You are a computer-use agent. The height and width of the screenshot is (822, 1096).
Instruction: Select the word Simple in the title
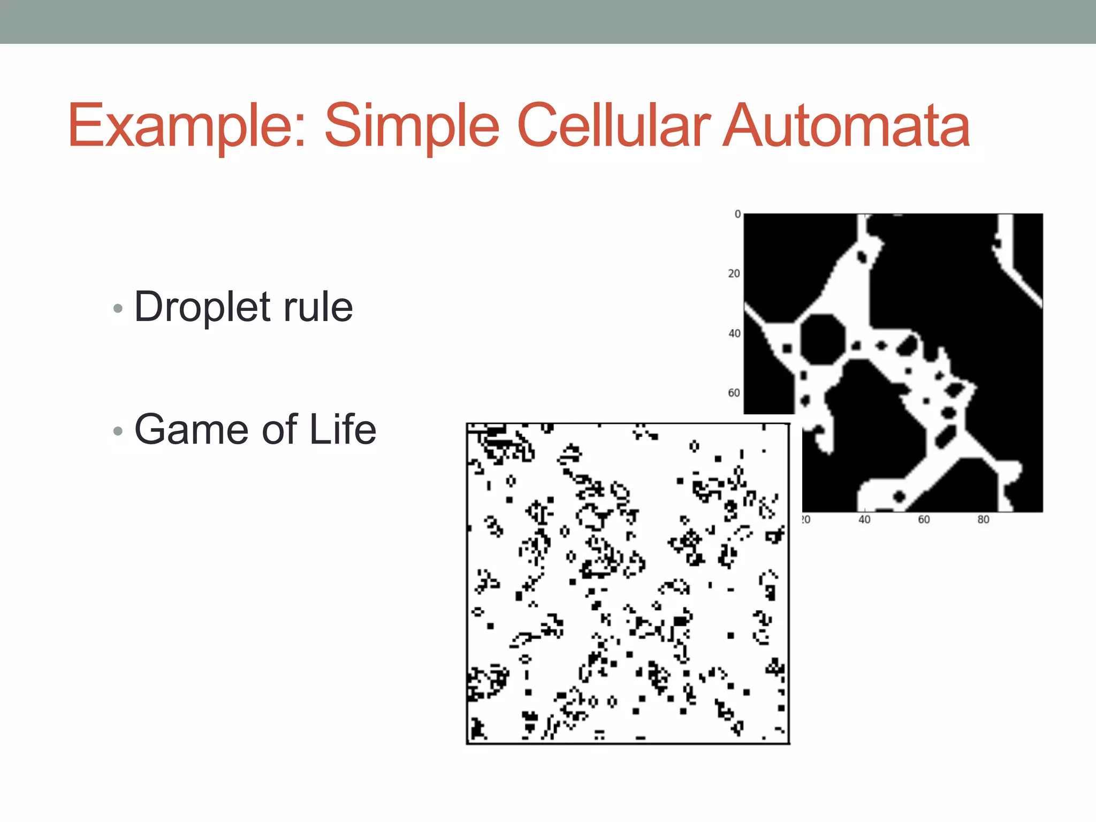click(412, 126)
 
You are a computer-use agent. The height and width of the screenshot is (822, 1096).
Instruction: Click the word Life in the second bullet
click(342, 429)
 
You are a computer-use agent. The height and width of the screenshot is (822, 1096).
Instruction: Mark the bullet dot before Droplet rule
click(118, 308)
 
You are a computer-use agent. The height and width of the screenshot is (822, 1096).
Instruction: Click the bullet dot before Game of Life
click(118, 431)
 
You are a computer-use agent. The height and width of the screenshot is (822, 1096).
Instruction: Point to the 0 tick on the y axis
click(737, 214)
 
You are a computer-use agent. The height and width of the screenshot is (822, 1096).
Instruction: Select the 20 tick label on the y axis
click(734, 273)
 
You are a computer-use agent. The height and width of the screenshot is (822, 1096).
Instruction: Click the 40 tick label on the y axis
click(734, 333)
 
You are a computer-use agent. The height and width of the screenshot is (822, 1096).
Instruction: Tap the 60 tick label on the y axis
click(734, 393)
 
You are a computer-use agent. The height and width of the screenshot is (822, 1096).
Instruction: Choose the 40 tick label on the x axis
click(864, 520)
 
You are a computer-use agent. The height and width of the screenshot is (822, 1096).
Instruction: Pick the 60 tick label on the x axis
click(924, 520)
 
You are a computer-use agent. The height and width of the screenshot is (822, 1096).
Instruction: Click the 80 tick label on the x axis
click(983, 520)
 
